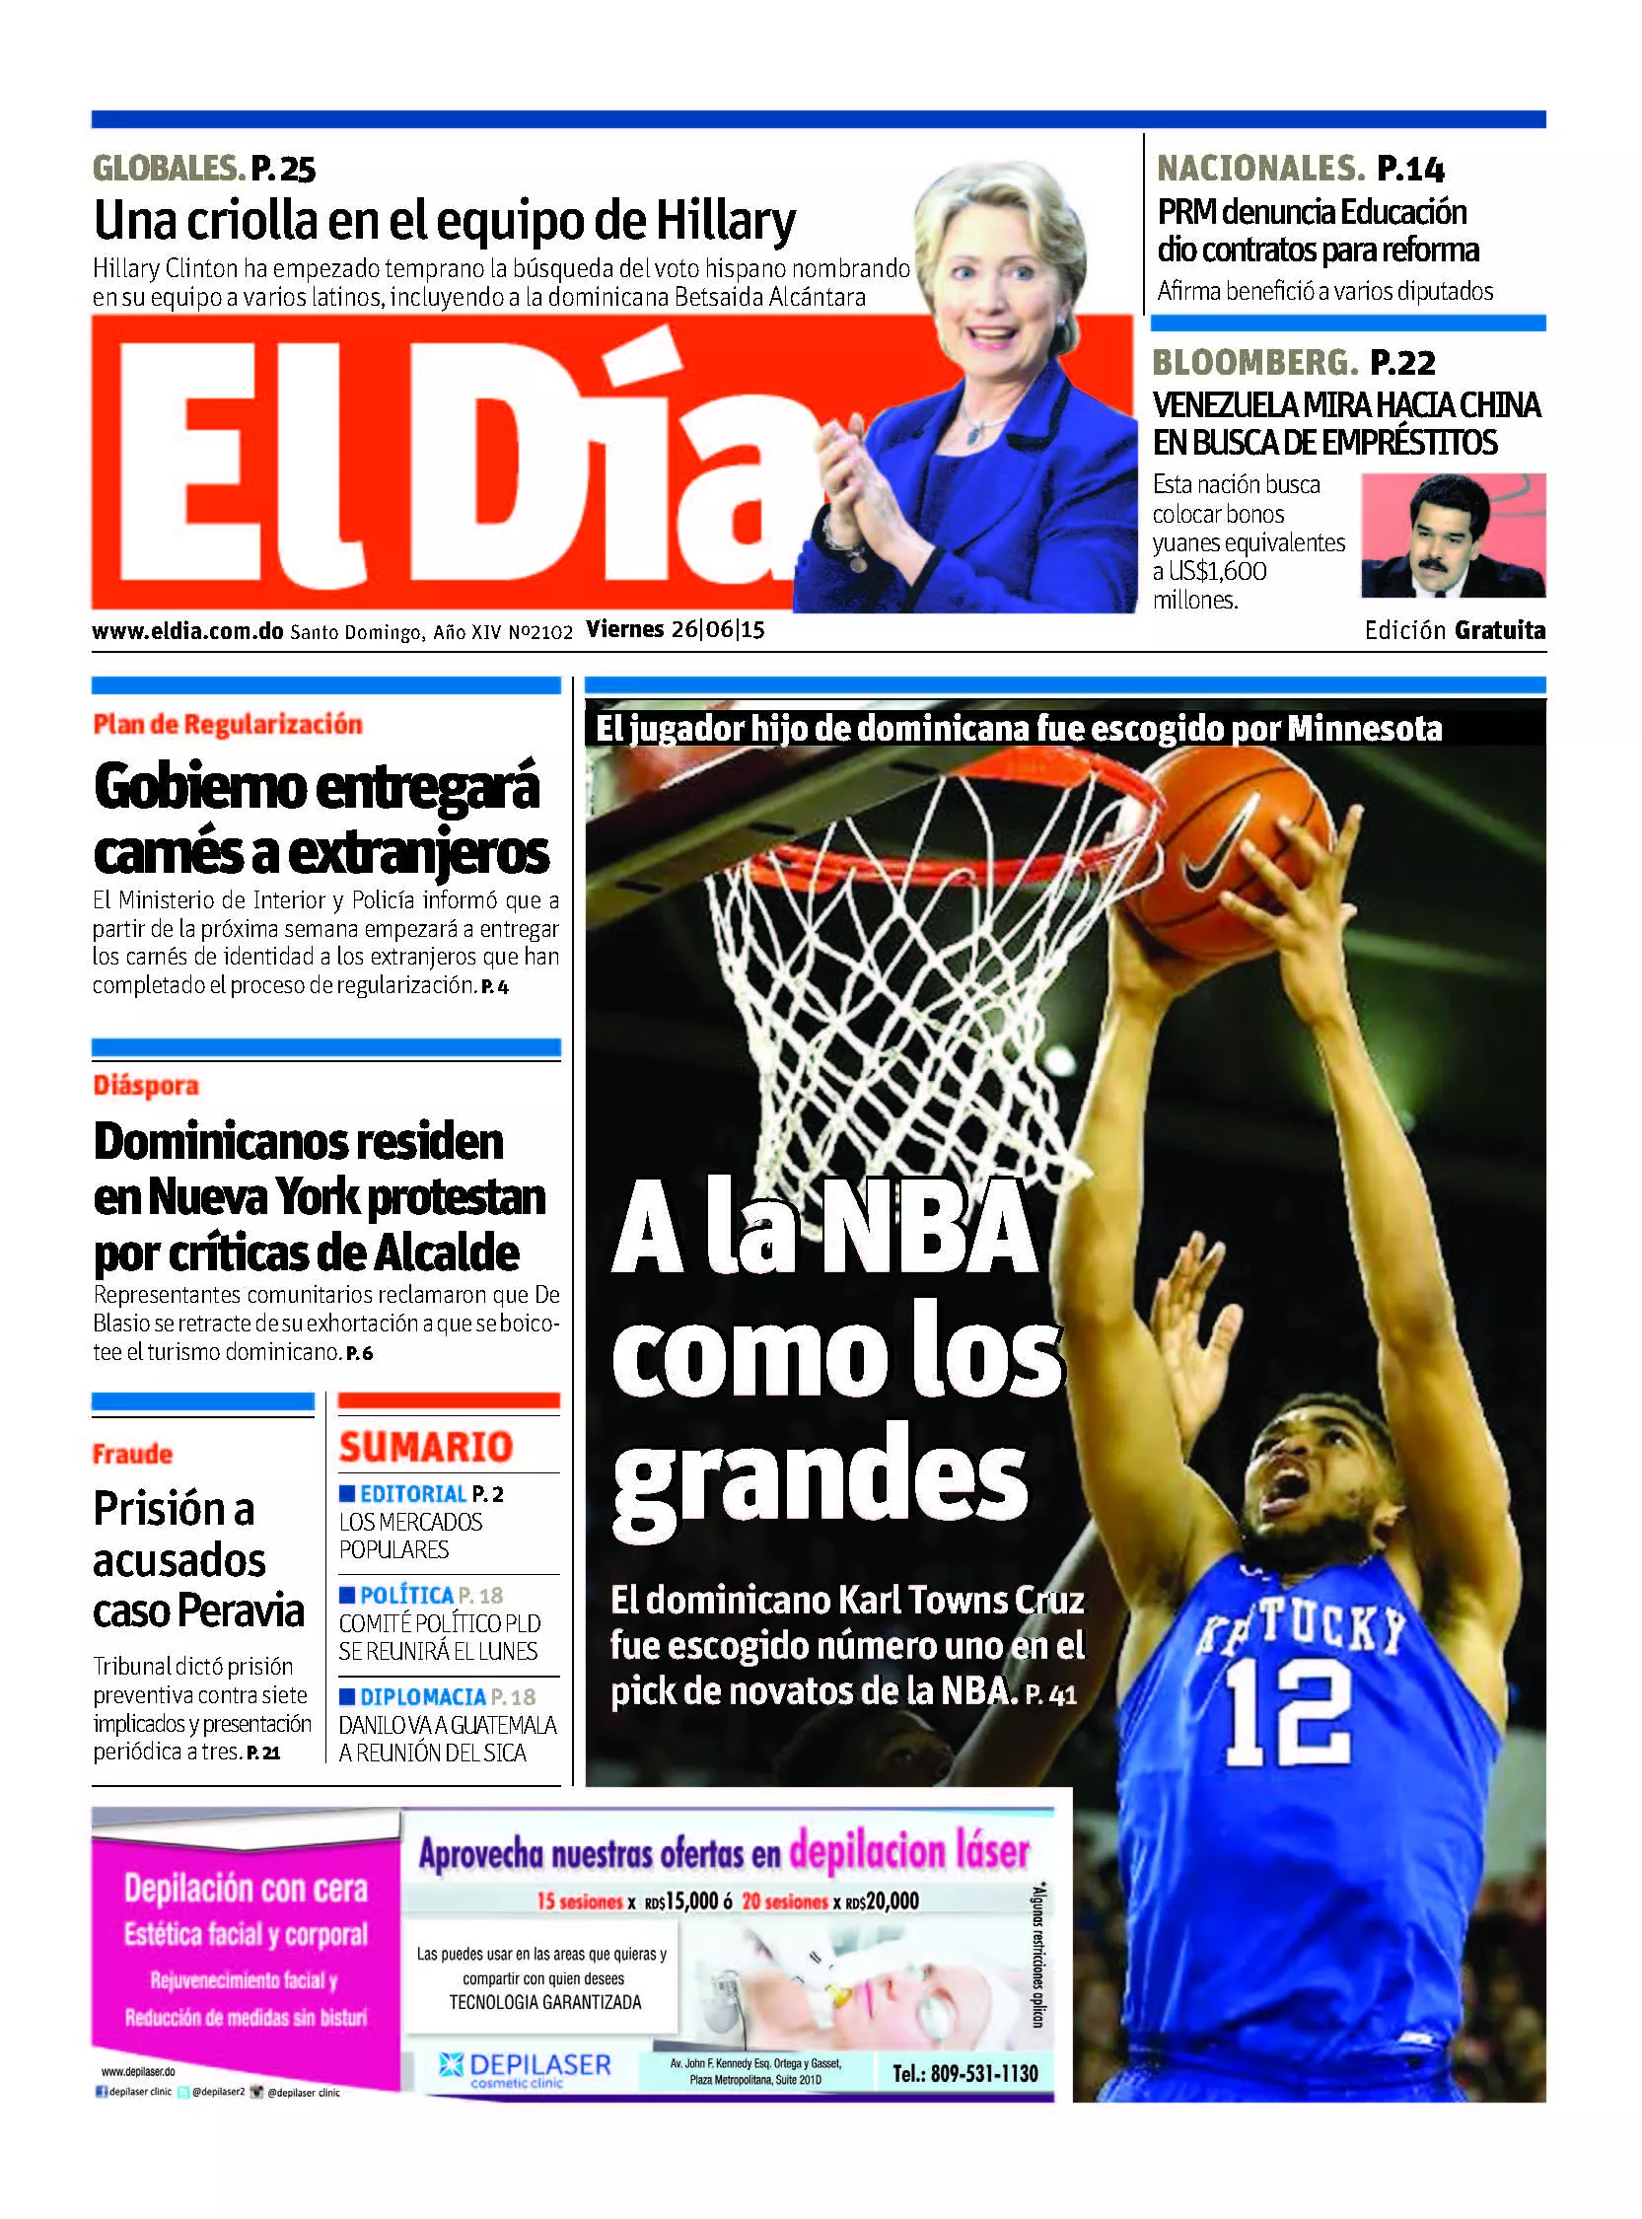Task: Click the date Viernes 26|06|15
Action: [675, 630]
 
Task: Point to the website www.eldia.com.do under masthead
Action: [187, 631]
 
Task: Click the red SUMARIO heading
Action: [425, 1447]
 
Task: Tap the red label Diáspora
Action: [146, 1085]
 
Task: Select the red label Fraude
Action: [132, 1454]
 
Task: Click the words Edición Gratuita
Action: [1455, 630]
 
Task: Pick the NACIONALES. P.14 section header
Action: [1300, 169]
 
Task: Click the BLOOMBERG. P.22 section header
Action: [1293, 363]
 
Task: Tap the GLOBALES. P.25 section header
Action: [204, 169]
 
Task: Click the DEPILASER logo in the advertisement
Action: [526, 2066]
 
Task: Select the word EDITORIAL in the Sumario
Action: [412, 1493]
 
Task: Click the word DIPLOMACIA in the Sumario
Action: [422, 1696]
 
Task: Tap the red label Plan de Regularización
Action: [228, 725]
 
